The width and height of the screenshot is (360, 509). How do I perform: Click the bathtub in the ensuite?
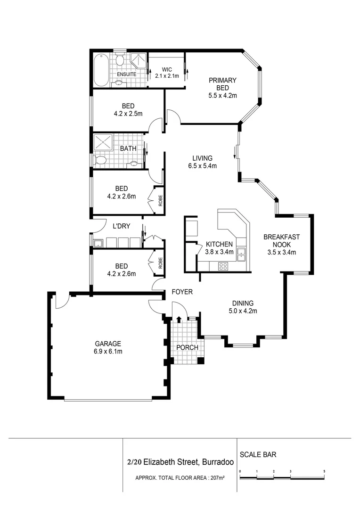(101, 70)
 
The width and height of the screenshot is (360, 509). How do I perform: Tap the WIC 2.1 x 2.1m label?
(167, 73)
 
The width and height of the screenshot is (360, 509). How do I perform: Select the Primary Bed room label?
(222, 88)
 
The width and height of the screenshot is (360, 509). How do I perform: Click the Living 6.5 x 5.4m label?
(202, 162)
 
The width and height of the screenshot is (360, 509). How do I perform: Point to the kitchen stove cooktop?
(223, 266)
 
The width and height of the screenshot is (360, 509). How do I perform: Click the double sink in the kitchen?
(241, 254)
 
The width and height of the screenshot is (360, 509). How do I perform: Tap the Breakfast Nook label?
(281, 245)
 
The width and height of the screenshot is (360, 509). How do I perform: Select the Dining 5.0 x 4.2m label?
(243, 307)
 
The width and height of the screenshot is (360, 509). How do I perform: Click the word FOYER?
(182, 292)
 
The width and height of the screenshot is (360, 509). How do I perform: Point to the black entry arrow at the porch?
(179, 320)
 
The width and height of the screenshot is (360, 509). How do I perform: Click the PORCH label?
(188, 347)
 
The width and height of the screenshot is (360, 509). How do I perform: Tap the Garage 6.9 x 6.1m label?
(108, 347)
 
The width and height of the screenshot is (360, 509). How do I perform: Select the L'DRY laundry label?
(122, 226)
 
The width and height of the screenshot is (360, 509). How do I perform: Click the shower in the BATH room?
(103, 142)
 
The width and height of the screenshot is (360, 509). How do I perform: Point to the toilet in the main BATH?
(100, 160)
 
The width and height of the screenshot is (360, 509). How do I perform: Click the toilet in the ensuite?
(120, 60)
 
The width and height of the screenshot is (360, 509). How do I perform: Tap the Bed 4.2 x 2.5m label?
(128, 110)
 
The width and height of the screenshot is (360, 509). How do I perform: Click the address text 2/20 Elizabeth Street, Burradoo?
(180, 462)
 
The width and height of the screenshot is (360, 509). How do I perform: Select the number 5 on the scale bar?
(324, 471)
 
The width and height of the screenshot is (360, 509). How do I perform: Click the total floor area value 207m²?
(218, 478)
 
